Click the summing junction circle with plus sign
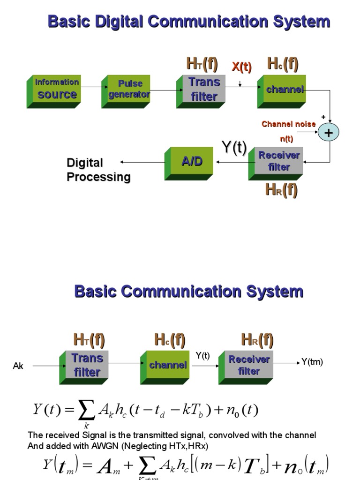(x=328, y=133)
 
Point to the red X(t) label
(x=241, y=67)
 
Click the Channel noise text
(x=288, y=124)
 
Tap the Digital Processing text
(x=98, y=170)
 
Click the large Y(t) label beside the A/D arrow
(x=234, y=148)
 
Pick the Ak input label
(x=18, y=366)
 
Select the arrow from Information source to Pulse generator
(x=91, y=87)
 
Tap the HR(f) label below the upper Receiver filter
(x=281, y=190)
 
